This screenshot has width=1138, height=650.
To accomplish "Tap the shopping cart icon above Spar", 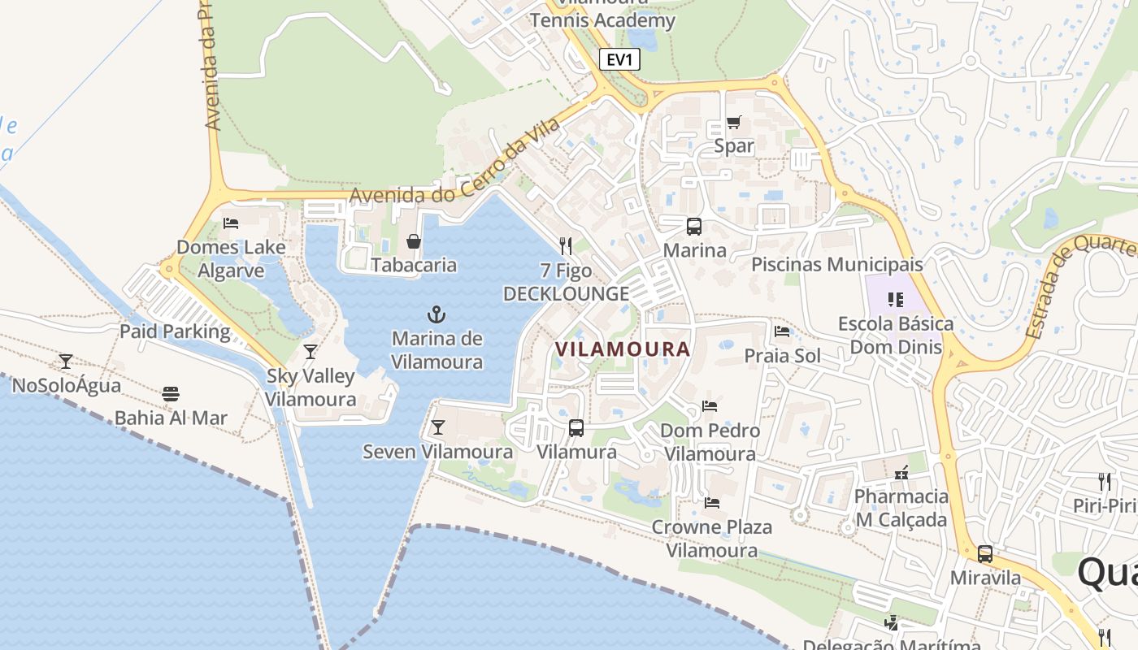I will pyautogui.click(x=734, y=123).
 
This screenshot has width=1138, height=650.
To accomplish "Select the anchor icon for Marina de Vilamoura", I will pyautogui.click(x=437, y=314).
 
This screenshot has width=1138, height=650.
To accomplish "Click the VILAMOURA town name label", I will pyautogui.click(x=623, y=349).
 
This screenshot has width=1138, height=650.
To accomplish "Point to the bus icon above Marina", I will pyautogui.click(x=694, y=227).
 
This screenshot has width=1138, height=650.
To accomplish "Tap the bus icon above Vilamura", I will pyautogui.click(x=576, y=427).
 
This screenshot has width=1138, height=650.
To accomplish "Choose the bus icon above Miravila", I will pyautogui.click(x=985, y=554).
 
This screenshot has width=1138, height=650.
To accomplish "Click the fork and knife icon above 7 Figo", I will pyautogui.click(x=566, y=246).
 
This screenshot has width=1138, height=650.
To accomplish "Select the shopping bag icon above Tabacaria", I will pyautogui.click(x=414, y=241).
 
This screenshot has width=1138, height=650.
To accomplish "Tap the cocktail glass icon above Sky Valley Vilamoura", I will pyautogui.click(x=311, y=352).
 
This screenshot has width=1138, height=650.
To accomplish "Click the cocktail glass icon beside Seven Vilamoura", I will pyautogui.click(x=438, y=427).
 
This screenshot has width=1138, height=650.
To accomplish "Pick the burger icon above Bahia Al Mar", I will pyautogui.click(x=171, y=394).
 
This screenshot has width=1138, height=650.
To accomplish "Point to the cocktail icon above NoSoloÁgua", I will pyautogui.click(x=66, y=361).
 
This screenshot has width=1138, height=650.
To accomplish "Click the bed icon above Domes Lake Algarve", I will pyautogui.click(x=231, y=223).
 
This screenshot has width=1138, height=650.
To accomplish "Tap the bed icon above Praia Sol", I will pyautogui.click(x=782, y=331).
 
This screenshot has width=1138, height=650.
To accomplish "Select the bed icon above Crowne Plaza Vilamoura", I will pyautogui.click(x=712, y=503).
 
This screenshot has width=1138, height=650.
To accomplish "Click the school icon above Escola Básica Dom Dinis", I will pyautogui.click(x=896, y=300).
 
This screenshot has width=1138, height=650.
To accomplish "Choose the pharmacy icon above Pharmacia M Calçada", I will pyautogui.click(x=901, y=472).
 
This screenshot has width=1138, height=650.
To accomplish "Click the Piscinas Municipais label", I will pyautogui.click(x=837, y=264).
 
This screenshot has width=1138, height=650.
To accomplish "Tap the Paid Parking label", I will pyautogui.click(x=175, y=331).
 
